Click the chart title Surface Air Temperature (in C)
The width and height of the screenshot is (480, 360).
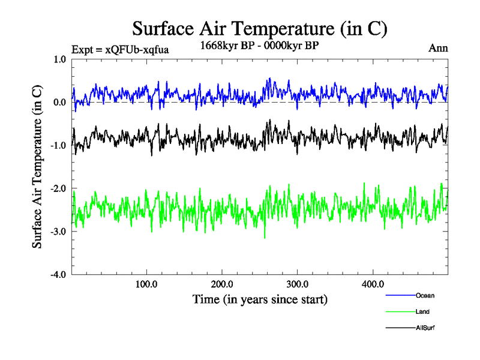[x=259, y=29]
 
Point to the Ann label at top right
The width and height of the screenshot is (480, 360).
[x=438, y=48]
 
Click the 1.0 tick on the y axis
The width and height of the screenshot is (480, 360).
[x=60, y=59]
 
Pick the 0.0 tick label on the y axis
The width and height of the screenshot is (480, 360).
[x=60, y=102]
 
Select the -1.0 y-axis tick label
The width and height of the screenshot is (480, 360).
[x=58, y=145]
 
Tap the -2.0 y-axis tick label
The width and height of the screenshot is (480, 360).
[x=58, y=188]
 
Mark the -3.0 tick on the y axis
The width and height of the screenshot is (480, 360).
[x=58, y=232]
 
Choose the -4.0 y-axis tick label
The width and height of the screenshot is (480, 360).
[x=58, y=274]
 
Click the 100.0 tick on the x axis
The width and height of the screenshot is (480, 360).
[x=147, y=284]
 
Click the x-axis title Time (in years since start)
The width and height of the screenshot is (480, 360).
[x=259, y=299]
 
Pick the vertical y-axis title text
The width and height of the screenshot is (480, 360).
[x=37, y=167]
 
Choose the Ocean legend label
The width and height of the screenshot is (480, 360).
[x=425, y=296]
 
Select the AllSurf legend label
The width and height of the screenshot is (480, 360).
[x=425, y=328]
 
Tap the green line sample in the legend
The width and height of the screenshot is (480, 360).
[x=401, y=312]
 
